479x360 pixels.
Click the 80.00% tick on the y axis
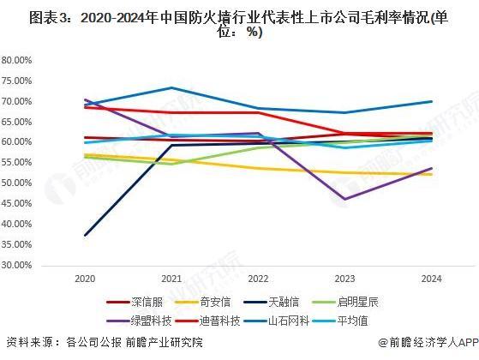(x=17, y=60)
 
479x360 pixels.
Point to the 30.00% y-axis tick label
(x=17, y=265)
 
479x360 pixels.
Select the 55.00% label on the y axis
(x=17, y=163)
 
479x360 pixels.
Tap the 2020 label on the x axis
(x=84, y=279)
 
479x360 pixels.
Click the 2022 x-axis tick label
(x=256, y=279)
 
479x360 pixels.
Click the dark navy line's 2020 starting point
(x=84, y=236)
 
